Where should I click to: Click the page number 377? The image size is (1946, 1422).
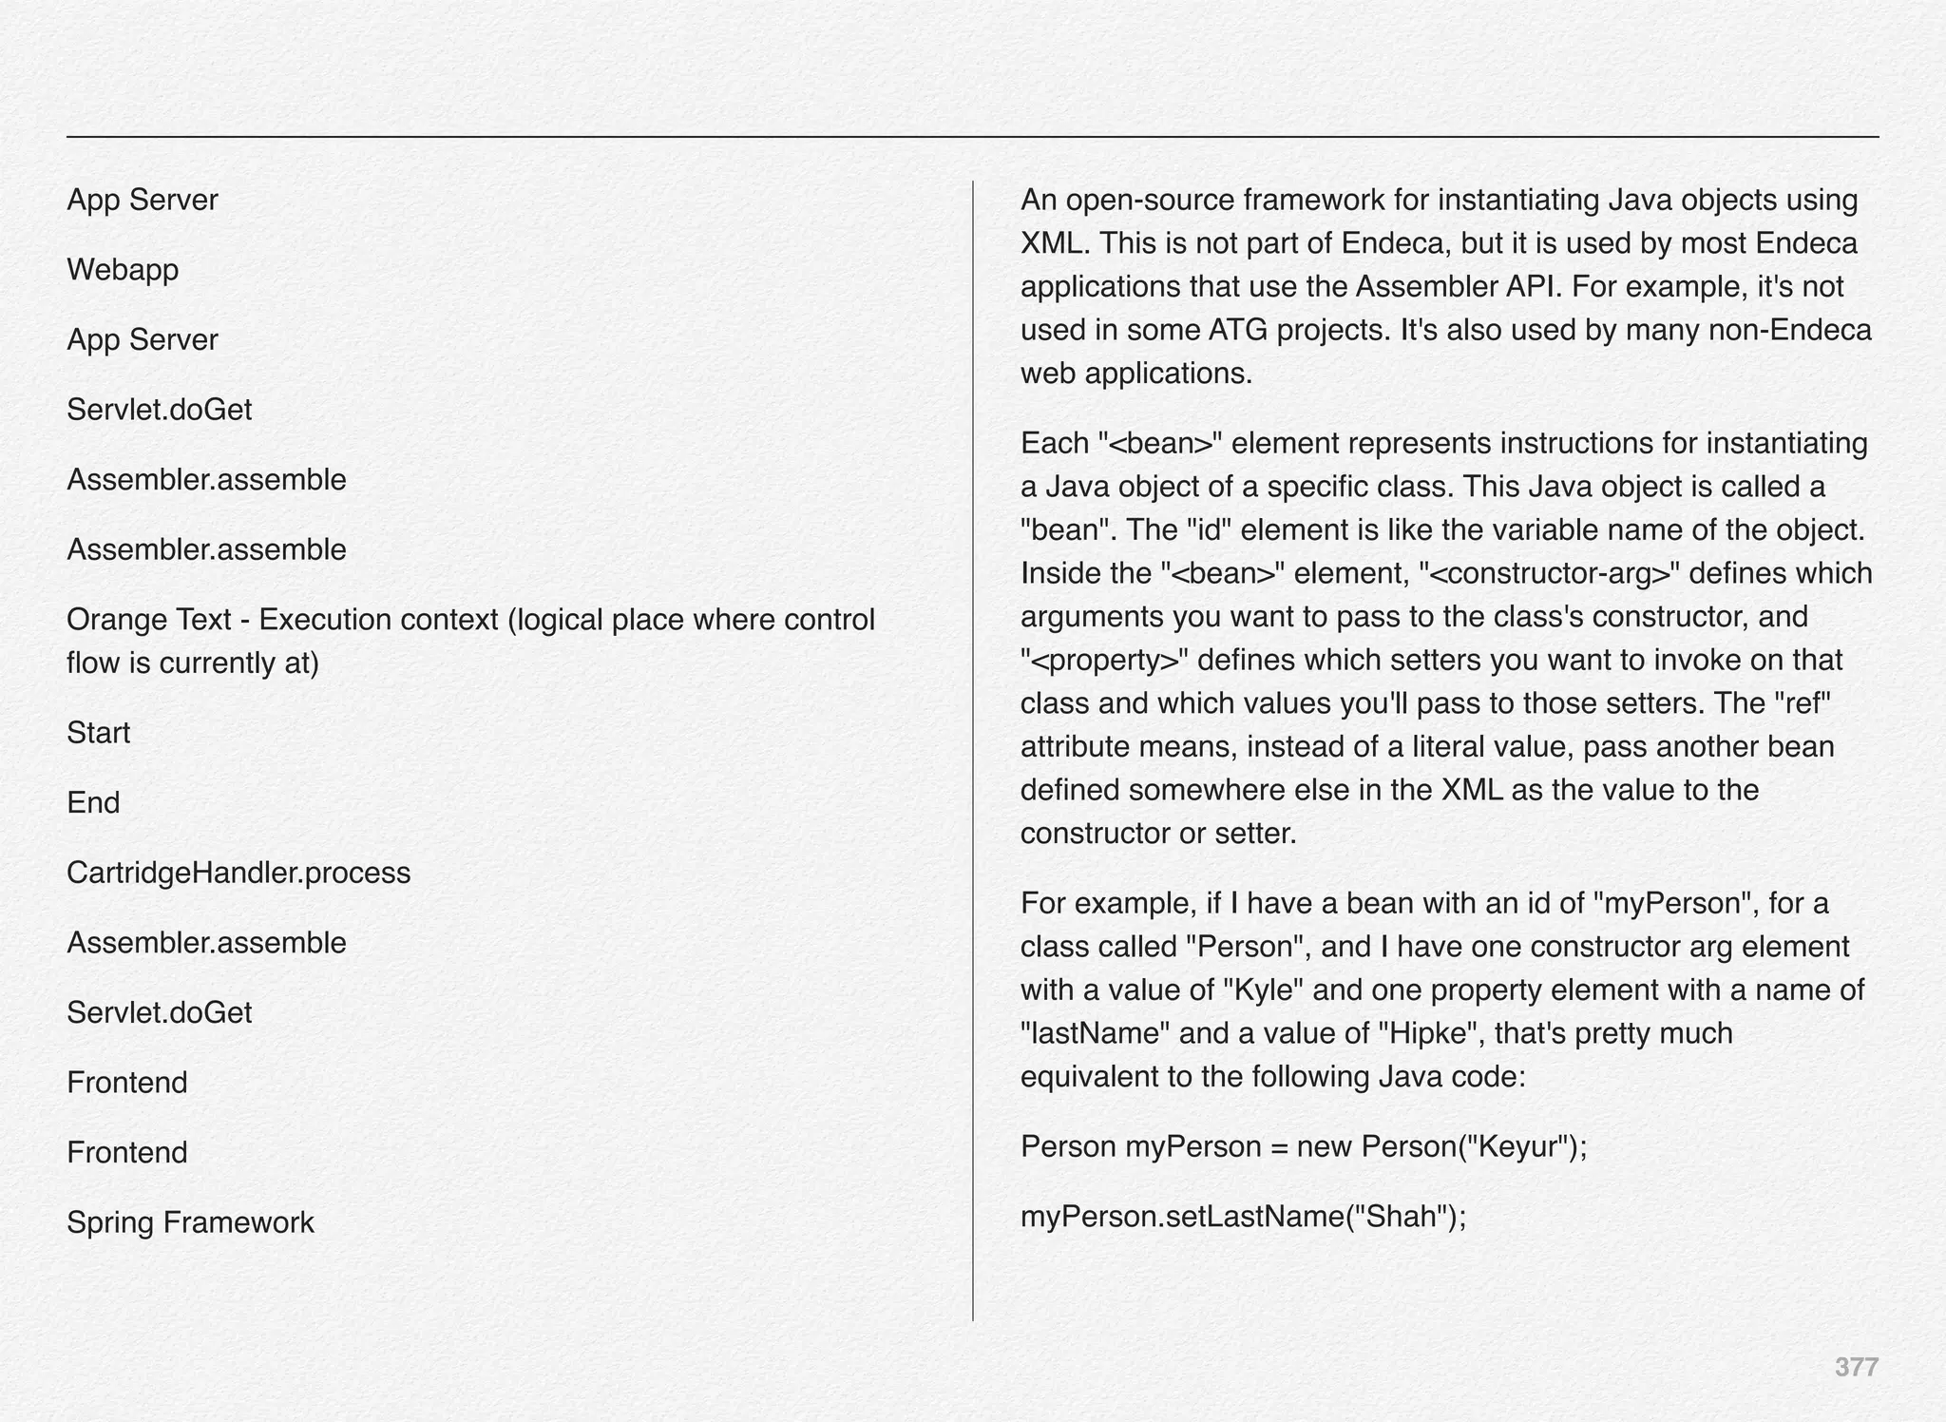1856,1367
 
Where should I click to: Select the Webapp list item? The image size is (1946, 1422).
123,270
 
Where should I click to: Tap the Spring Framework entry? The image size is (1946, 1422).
190,1222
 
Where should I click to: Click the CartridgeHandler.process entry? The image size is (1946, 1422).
238,873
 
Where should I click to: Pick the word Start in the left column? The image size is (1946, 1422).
98,733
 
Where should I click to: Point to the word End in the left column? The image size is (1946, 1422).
93,803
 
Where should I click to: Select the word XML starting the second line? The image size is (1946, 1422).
1051,243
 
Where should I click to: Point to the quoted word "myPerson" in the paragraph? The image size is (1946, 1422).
1673,903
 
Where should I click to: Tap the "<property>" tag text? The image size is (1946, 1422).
1100,660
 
